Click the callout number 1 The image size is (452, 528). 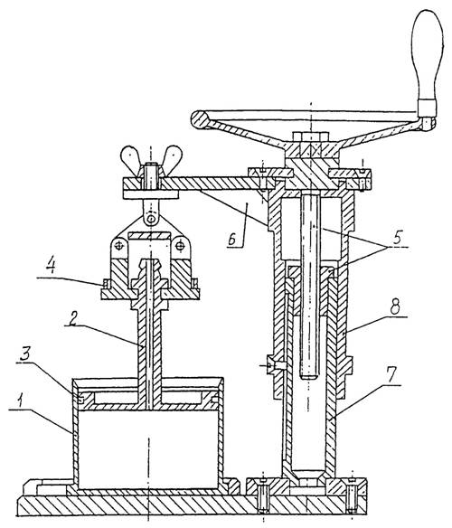coord(21,401)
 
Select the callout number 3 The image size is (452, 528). coord(25,355)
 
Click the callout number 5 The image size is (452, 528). coord(398,238)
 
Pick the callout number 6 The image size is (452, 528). coord(232,240)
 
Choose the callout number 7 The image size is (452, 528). coord(391,377)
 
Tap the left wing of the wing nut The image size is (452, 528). coord(130,157)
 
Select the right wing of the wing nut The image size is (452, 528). coord(173,157)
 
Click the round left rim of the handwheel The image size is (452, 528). coord(199,119)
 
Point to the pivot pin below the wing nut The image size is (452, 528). coord(152,220)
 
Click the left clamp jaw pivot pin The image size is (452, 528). coord(118,246)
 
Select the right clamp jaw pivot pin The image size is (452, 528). coord(181,246)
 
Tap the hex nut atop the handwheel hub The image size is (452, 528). coord(310,137)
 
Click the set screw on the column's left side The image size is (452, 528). coord(274,364)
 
